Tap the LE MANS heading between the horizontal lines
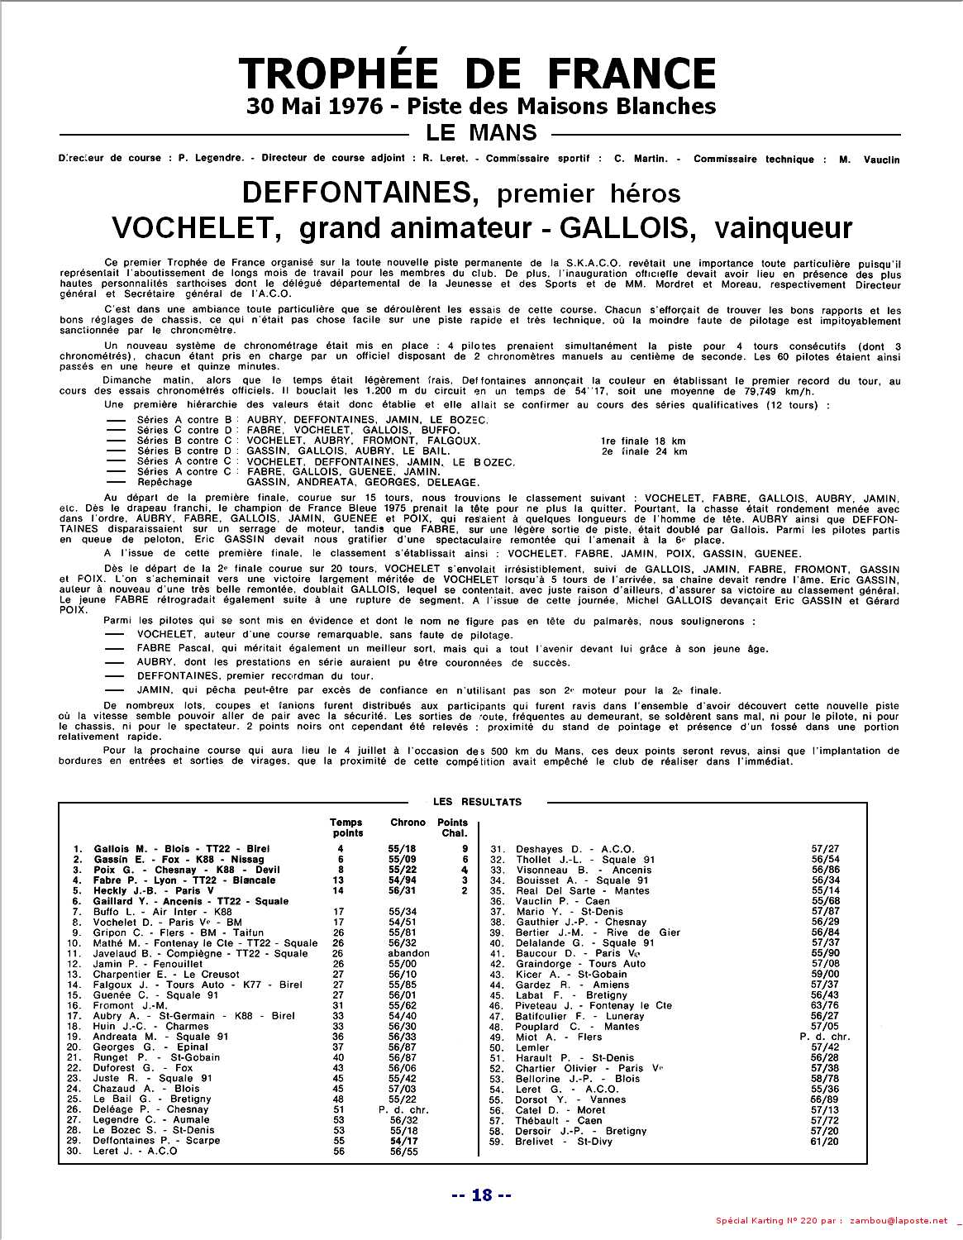point(480,132)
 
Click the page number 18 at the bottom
point(481,1195)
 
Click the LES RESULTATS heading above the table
point(477,802)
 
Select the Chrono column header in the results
point(408,823)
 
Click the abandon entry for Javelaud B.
point(409,953)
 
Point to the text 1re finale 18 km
point(645,441)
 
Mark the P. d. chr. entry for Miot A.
point(824,1037)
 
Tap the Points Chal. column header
point(453,827)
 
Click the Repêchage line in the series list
point(164,482)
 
